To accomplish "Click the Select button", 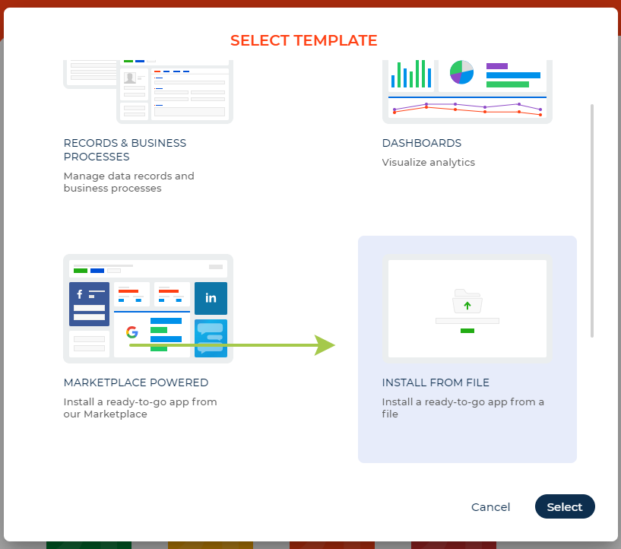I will (565, 507).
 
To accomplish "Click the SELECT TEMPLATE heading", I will (304, 40).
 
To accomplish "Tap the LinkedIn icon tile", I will (211, 297).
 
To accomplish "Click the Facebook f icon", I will (81, 294).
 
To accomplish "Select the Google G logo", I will (131, 332).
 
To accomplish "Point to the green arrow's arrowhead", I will (326, 345).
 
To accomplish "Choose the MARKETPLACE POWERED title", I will (136, 383).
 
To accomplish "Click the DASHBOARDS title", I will (422, 143).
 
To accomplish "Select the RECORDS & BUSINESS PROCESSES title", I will (125, 150).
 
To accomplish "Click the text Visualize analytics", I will (429, 162).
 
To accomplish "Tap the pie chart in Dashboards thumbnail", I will (461, 73).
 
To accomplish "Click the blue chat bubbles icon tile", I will (211, 336).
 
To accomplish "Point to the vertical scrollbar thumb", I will (592, 221).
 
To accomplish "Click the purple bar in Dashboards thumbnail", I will (496, 66).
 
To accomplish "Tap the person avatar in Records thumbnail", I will (131, 78).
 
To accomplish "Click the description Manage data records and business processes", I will (128, 182).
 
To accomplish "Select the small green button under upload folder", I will (467, 331).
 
